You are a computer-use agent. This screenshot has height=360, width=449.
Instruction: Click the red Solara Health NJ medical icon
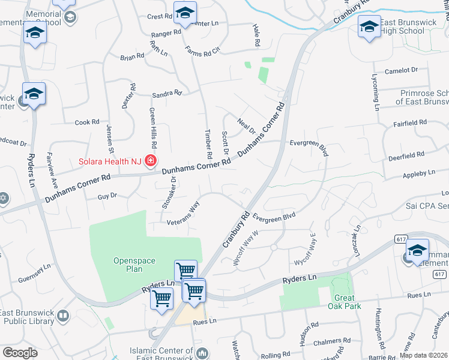point(150,161)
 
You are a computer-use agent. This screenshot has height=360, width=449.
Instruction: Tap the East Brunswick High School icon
point(369,26)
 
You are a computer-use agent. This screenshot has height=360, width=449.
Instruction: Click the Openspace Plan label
point(134,265)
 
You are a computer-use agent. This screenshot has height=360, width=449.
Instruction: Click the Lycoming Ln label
point(376,93)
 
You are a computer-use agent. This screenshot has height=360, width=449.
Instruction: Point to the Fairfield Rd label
point(410,122)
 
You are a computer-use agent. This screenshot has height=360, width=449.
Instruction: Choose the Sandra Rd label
point(167,94)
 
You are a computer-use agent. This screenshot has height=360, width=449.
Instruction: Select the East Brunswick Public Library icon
point(62,315)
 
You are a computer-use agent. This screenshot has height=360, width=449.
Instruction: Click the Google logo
point(20,353)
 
